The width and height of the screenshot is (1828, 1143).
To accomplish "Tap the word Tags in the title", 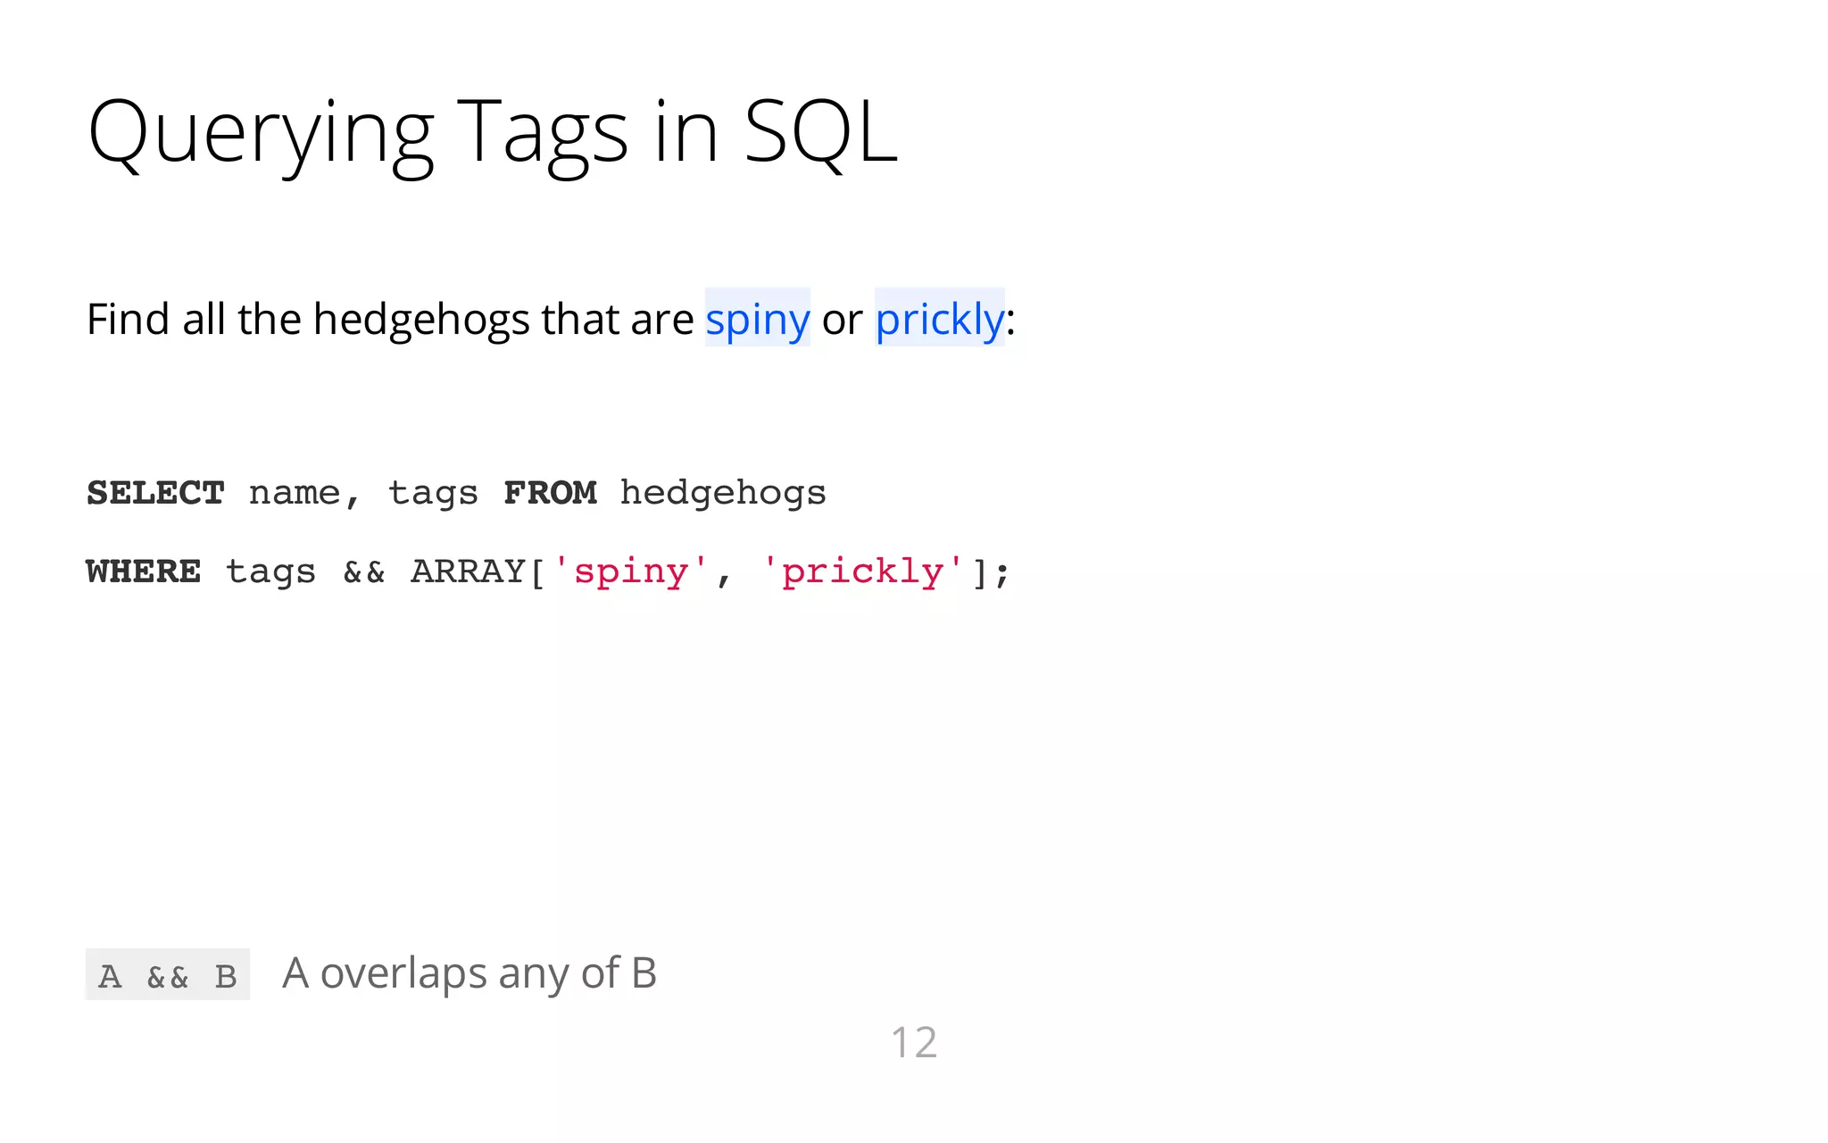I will pyautogui.click(x=543, y=134).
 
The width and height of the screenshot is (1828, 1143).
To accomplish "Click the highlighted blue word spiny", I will pyautogui.click(x=757, y=319).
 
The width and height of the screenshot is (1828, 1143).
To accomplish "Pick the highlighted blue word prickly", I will pyautogui.click(x=939, y=319).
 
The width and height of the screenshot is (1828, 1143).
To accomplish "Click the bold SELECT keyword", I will pyautogui.click(x=155, y=493).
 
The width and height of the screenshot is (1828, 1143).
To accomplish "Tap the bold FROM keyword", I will pyautogui.click(x=550, y=493).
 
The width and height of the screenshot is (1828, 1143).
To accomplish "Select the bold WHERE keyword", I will pyautogui.click(x=144, y=571).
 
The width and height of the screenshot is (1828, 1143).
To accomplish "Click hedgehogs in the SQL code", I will pyautogui.click(x=723, y=494).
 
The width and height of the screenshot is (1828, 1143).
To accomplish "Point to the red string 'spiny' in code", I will pyautogui.click(x=631, y=571).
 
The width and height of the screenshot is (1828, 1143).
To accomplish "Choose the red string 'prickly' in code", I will pyautogui.click(x=862, y=571).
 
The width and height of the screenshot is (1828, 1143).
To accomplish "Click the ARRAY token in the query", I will pyautogui.click(x=469, y=571).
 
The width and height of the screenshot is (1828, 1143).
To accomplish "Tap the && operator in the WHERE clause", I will pyautogui.click(x=364, y=572).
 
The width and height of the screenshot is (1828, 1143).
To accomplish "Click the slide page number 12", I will pyautogui.click(x=914, y=1042).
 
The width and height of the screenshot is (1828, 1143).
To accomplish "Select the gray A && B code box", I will pyautogui.click(x=168, y=975).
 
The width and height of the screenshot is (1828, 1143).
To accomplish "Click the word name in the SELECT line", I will pyautogui.click(x=295, y=493).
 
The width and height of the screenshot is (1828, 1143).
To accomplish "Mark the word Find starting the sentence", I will pyautogui.click(x=128, y=319).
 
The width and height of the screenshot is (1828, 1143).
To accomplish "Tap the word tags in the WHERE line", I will pyautogui.click(x=270, y=572).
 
